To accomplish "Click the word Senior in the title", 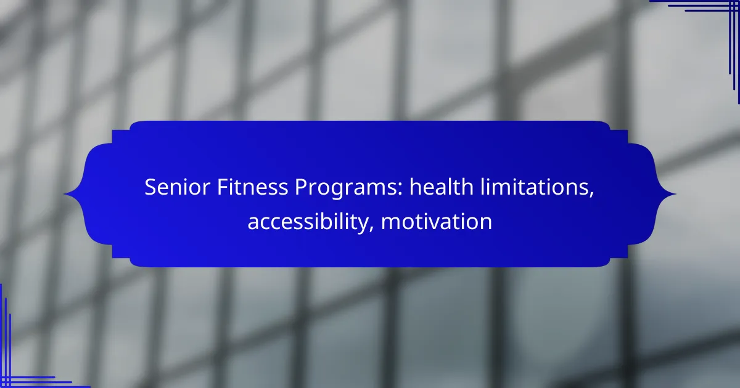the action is pyautogui.click(x=178, y=187).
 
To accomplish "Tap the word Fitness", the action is pyautogui.click(x=252, y=187).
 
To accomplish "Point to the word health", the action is pyautogui.click(x=442, y=187).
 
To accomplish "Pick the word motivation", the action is pyautogui.click(x=437, y=221).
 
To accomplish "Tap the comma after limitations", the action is pyautogui.click(x=591, y=195).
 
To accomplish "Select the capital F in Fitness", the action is pyautogui.click(x=223, y=187).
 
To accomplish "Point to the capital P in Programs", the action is pyautogui.click(x=301, y=187).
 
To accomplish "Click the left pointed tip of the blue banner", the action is pyautogui.click(x=64, y=194).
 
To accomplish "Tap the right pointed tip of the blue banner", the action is pyautogui.click(x=676, y=194).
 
